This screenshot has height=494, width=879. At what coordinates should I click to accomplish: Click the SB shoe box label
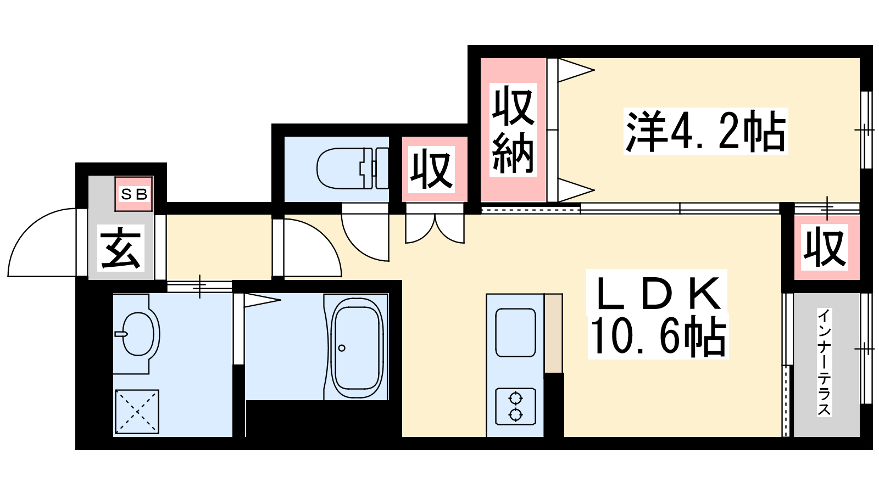(134, 194)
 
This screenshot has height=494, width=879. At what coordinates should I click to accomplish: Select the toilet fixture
(352, 169)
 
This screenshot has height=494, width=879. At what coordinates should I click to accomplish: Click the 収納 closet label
(513, 130)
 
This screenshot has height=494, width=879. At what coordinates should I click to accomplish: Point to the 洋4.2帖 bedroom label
(705, 131)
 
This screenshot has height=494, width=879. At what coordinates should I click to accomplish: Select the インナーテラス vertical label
(824, 362)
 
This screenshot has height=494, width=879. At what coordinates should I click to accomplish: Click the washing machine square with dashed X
(137, 411)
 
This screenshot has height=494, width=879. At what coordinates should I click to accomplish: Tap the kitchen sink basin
(516, 333)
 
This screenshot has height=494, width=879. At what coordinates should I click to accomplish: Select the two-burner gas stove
(515, 407)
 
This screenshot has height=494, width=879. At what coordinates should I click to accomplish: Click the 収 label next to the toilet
(431, 170)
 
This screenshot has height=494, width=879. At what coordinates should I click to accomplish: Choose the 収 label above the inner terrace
(825, 248)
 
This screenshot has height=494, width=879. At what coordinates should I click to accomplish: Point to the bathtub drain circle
(342, 348)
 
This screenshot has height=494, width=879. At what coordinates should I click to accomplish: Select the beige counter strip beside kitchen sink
(553, 333)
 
